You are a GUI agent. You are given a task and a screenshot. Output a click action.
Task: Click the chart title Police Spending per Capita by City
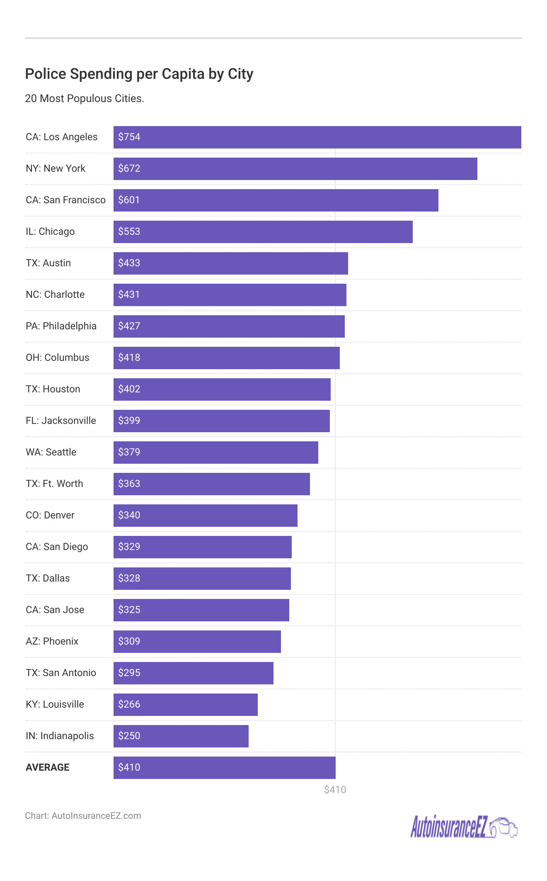point(139,74)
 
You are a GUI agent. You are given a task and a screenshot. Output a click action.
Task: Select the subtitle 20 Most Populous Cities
point(85,98)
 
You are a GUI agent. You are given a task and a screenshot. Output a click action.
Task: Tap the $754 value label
point(129,137)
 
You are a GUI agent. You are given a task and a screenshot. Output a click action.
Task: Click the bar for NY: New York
point(295,169)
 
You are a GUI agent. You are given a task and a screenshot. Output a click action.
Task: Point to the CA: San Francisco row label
point(65,200)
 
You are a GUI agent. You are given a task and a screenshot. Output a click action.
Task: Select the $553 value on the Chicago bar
point(129,231)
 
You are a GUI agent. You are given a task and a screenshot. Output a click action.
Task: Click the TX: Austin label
point(48,263)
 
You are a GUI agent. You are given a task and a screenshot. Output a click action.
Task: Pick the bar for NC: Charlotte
point(230,295)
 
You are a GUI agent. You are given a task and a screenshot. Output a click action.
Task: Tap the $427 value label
point(129,326)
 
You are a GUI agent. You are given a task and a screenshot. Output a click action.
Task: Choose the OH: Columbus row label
point(57,358)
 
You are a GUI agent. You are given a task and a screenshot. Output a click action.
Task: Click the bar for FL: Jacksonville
point(222,421)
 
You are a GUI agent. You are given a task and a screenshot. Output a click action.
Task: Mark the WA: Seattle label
point(51,452)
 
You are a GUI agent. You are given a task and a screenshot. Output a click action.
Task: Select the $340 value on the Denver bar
point(129,515)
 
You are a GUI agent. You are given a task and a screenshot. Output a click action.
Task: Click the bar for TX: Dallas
point(202,579)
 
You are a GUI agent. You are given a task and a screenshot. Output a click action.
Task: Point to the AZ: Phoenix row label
point(52,641)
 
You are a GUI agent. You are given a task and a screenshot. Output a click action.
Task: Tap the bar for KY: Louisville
point(186,705)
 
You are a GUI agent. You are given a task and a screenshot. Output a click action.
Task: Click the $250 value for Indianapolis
point(129,736)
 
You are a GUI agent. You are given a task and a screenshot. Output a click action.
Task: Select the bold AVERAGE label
point(48,767)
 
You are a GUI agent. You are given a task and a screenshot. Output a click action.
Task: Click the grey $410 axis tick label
point(335,790)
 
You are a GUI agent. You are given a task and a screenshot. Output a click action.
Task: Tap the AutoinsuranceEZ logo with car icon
point(463,827)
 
